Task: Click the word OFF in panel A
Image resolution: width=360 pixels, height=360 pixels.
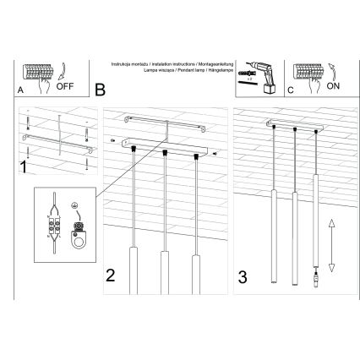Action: point(67,86)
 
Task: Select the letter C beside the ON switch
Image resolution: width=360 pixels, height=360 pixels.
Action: point(291,88)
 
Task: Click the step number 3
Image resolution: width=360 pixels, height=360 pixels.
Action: point(243,275)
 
